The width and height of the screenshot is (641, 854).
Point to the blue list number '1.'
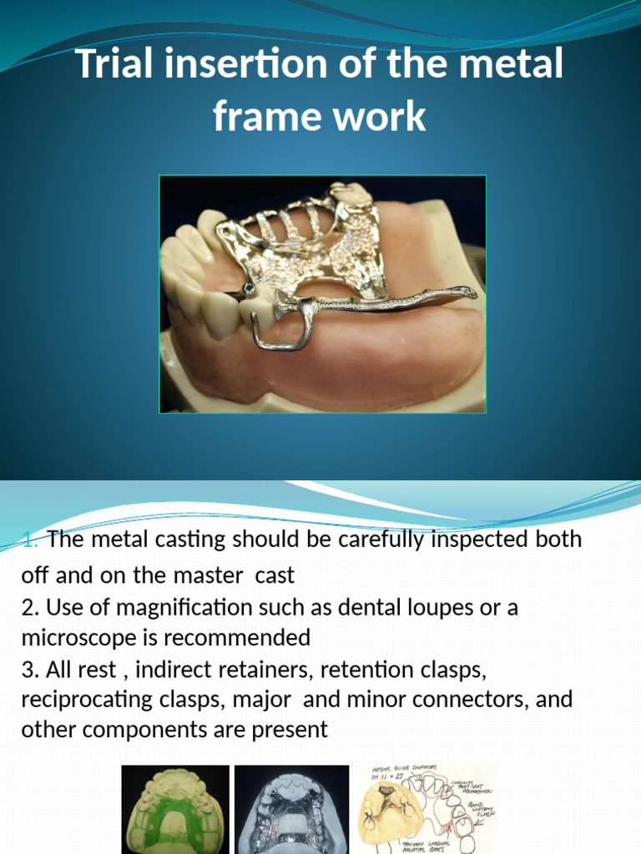point(32,539)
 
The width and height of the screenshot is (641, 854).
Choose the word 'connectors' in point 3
point(472,699)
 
